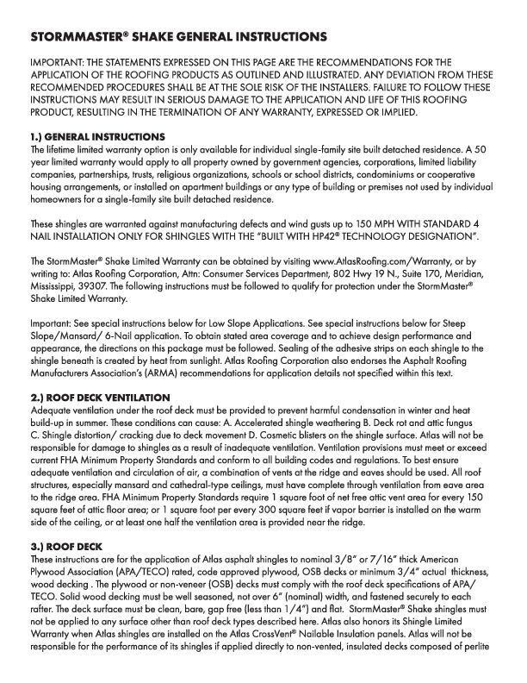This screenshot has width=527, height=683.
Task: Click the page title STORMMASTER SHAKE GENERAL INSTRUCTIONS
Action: coord(178,38)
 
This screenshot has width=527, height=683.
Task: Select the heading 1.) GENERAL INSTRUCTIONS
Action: coord(96,137)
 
